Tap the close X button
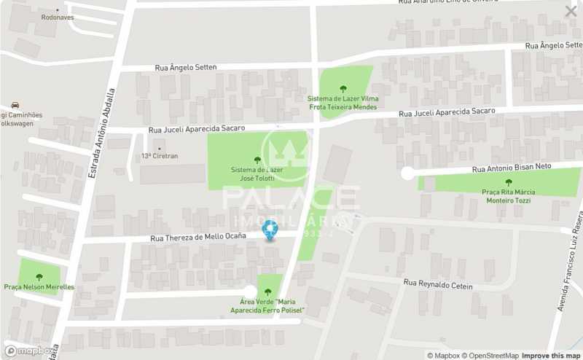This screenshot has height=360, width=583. pos(571,11)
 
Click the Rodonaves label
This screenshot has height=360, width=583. pos(58,17)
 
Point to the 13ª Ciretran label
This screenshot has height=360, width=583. pos(160,156)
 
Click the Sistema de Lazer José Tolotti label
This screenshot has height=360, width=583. pos(257,174)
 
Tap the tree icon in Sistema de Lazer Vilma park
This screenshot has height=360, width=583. pos(343,89)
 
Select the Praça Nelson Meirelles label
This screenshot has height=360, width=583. pos(39,287)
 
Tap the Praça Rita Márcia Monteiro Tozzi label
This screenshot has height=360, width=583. pos(509,196)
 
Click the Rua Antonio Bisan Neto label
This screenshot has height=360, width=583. pos(512,168)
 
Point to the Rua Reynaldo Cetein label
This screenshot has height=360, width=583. pos(438,285)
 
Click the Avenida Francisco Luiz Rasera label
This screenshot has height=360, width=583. pos(569,262)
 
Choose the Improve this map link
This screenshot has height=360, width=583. pos(552,356)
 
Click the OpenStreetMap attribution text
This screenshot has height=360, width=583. pos(491,356)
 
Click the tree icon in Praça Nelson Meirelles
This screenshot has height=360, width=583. pos(39,277)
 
